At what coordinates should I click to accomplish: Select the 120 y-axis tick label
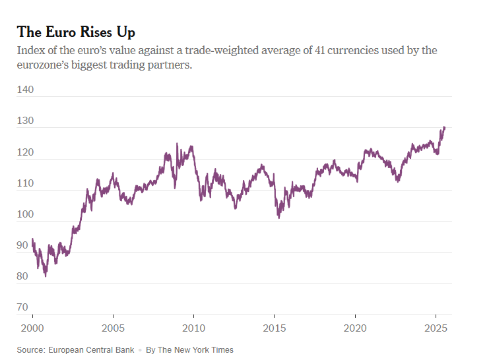coord(25,152)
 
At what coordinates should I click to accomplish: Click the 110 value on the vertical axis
coord(25,183)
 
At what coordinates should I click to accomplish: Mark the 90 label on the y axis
coord(22,245)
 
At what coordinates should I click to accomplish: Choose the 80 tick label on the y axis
coord(22,276)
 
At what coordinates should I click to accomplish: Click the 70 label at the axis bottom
coord(22,307)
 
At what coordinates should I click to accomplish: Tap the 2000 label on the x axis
coord(32,328)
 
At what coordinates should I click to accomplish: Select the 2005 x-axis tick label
coord(113,328)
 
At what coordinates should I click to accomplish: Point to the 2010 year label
coord(193,328)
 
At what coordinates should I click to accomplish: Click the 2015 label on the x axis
coord(275,328)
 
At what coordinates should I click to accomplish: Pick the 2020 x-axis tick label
coord(355,328)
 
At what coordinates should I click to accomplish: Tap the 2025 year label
coord(436,328)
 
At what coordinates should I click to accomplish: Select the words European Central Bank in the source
coord(92,349)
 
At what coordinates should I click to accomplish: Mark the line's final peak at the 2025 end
coord(444,127)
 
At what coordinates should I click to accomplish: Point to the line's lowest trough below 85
coord(46,276)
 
